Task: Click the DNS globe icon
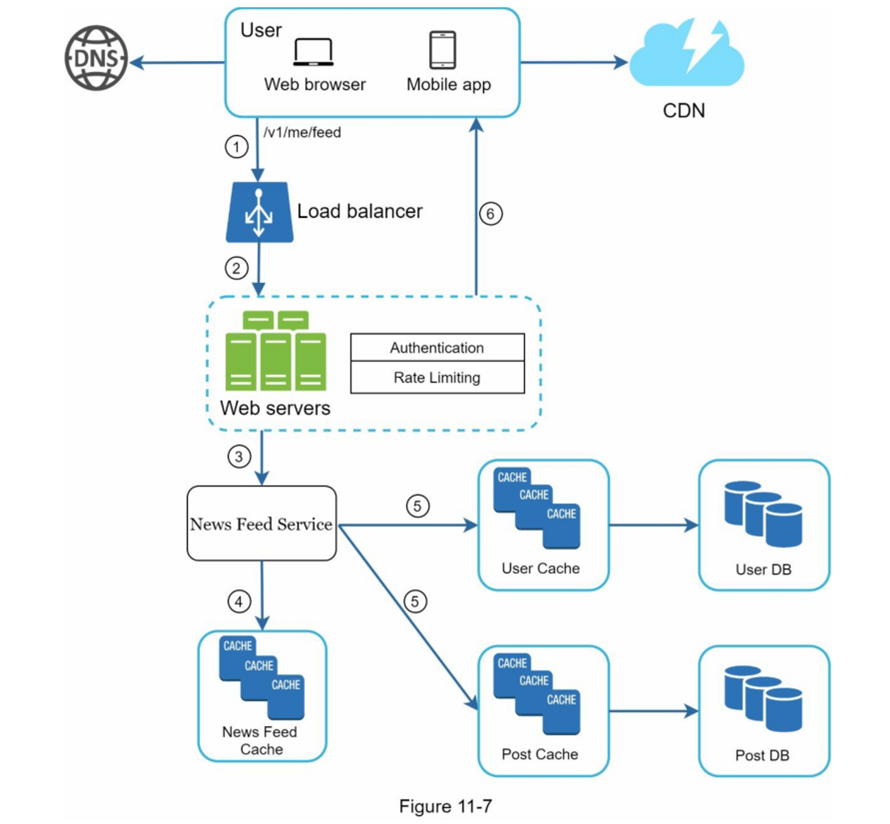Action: [96, 58]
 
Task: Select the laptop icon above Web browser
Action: [313, 53]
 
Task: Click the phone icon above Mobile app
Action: [442, 50]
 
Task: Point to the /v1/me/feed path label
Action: [302, 132]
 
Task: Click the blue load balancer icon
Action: [259, 212]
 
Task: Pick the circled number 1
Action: [236, 147]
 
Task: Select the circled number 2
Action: [236, 269]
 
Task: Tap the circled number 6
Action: [490, 214]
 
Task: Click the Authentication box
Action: [437, 348]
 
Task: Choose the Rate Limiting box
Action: [437, 378]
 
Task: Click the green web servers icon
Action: [275, 351]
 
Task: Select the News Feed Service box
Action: [262, 523]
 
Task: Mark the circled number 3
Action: [239, 457]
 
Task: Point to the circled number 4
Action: [239, 602]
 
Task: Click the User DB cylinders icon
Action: [763, 514]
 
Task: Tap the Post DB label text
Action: [762, 755]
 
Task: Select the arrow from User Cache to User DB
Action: [653, 525]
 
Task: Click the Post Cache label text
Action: [540, 754]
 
